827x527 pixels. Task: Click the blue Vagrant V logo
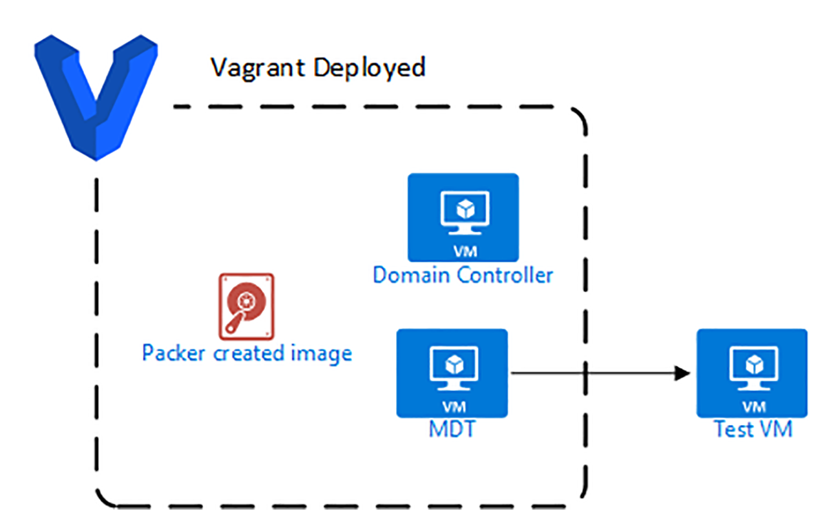pyautogui.click(x=96, y=97)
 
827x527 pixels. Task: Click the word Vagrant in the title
pyautogui.click(x=259, y=67)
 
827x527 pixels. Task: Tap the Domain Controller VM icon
pyautogui.click(x=463, y=217)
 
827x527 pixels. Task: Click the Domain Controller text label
pyautogui.click(x=463, y=276)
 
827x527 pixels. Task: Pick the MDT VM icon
pyautogui.click(x=452, y=373)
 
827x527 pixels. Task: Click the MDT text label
pyautogui.click(x=452, y=429)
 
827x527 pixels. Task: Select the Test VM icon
pyautogui.click(x=752, y=373)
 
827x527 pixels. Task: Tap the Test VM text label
pyautogui.click(x=753, y=429)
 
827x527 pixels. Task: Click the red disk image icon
pyautogui.click(x=246, y=306)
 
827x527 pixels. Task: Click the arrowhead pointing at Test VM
pyautogui.click(x=682, y=373)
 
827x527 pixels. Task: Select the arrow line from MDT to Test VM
pyautogui.click(x=594, y=373)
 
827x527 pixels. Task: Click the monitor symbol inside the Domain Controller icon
pyautogui.click(x=463, y=210)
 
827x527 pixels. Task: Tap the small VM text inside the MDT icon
pyautogui.click(x=452, y=407)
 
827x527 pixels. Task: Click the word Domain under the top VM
pyautogui.click(x=412, y=276)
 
